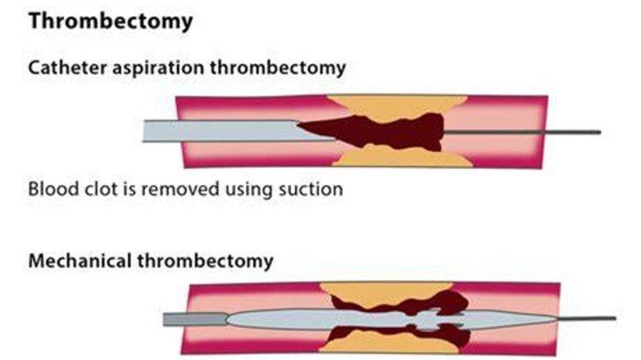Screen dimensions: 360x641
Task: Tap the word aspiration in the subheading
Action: (x=154, y=69)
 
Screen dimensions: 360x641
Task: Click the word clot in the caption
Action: (x=95, y=191)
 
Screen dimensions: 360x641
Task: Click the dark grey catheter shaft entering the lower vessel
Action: (x=192, y=320)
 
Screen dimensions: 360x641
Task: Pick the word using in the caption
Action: (x=248, y=191)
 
